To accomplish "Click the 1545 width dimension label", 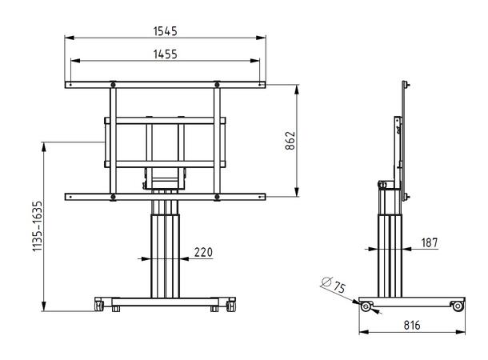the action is click(165, 31).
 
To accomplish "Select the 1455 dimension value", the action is click(166, 54).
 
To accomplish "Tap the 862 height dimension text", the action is click(290, 141).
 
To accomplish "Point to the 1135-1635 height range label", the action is click(37, 226).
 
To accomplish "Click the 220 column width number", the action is click(203, 252).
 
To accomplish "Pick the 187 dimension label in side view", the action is click(430, 242).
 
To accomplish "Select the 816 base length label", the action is click(412, 325).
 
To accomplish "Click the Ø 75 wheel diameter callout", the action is click(334, 284).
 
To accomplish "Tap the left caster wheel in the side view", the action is click(366, 306).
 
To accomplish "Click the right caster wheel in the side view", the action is click(458, 306).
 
